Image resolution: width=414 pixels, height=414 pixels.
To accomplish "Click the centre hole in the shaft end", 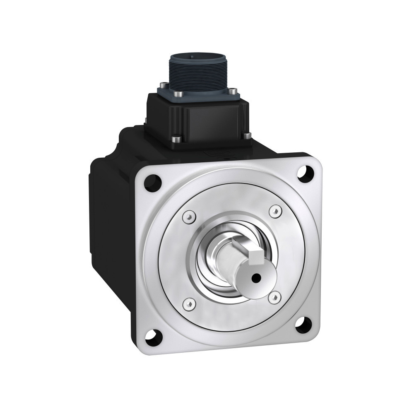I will coord(258,278).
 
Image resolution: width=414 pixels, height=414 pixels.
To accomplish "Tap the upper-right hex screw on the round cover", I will coord(273,211).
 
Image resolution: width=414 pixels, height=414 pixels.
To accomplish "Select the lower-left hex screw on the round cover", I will coord(189,303).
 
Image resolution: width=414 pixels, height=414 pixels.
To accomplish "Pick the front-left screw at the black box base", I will coord(178,140).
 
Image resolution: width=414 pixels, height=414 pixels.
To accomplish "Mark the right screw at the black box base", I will coord(247,135).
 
